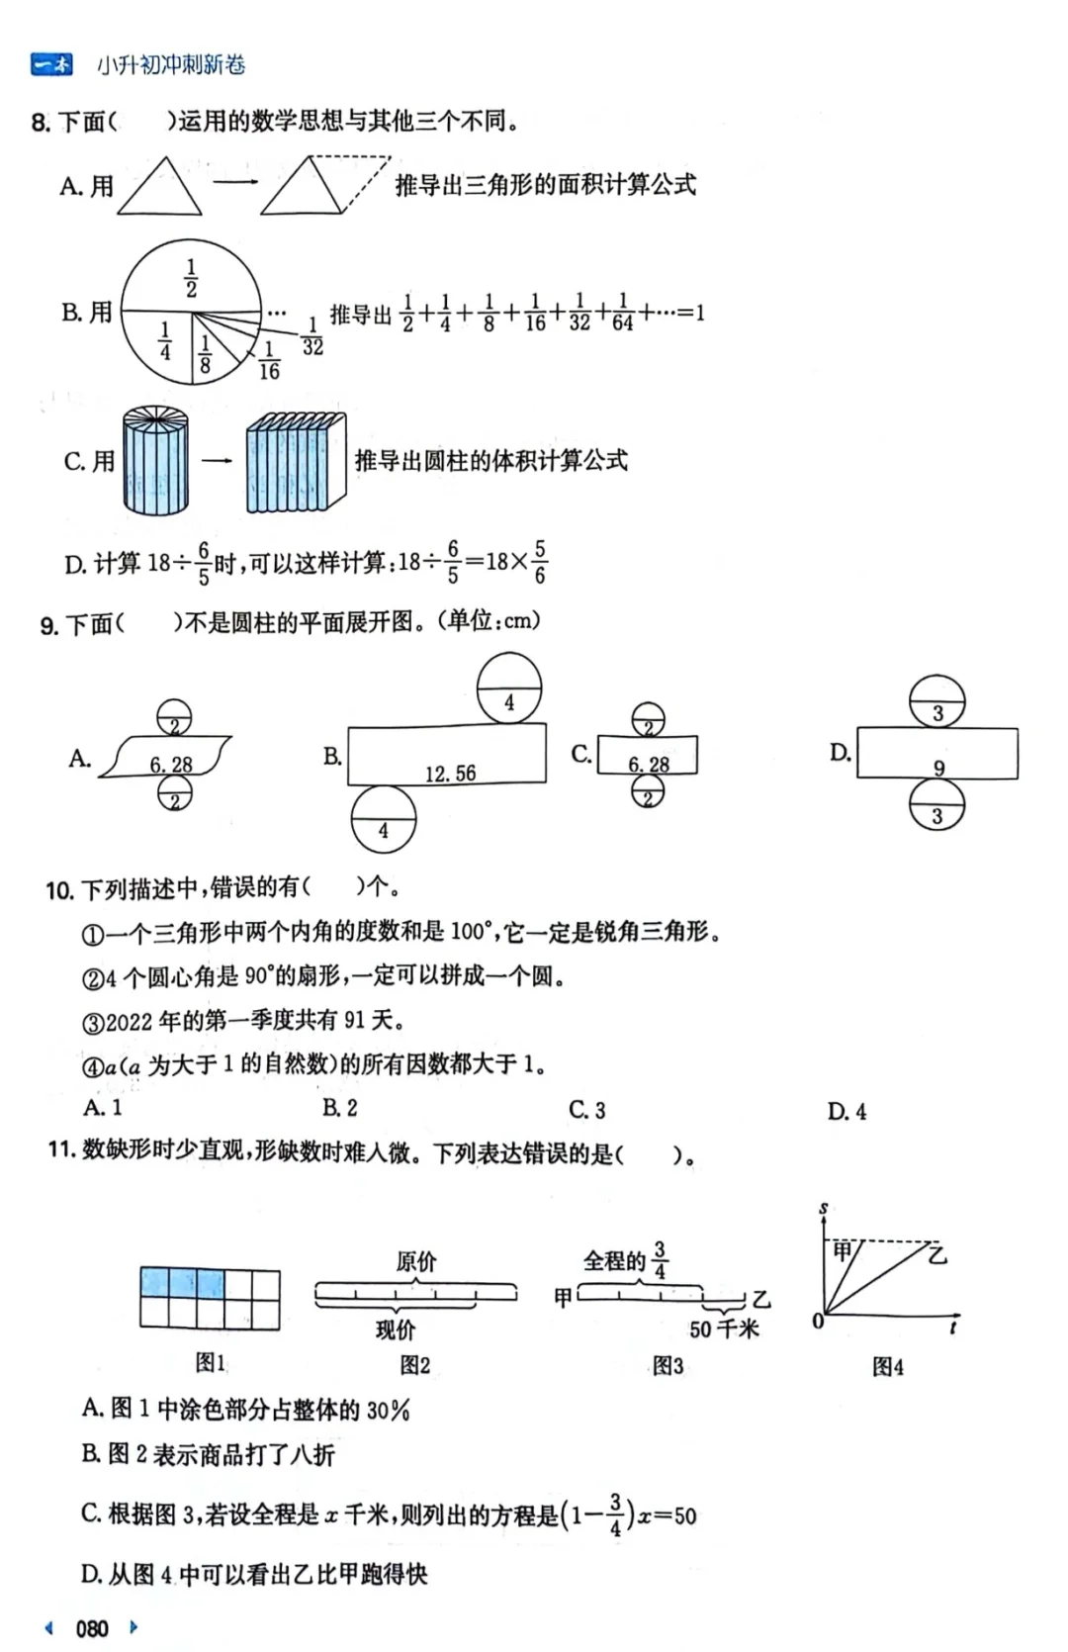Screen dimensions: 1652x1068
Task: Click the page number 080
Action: pyautogui.click(x=92, y=1628)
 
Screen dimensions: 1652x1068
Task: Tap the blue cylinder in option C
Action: pyautogui.click(x=155, y=461)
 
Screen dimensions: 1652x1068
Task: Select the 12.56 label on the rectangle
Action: pyautogui.click(x=450, y=774)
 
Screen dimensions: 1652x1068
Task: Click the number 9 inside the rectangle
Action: pyautogui.click(x=938, y=768)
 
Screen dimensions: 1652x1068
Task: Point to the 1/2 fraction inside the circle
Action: pyautogui.click(x=191, y=278)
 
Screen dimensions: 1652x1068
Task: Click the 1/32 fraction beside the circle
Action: pyautogui.click(x=312, y=336)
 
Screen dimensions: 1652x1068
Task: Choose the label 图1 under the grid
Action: pyautogui.click(x=210, y=1362)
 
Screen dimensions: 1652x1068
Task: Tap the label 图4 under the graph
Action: pyautogui.click(x=887, y=1366)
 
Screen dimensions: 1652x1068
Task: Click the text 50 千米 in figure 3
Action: pyautogui.click(x=724, y=1329)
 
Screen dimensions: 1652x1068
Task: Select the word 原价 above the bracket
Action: pyautogui.click(x=415, y=1261)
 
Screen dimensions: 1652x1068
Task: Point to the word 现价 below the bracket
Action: pyautogui.click(x=396, y=1330)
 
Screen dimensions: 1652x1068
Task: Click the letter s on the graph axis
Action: pyautogui.click(x=823, y=1209)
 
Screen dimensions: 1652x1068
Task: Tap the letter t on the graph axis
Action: pyautogui.click(x=952, y=1327)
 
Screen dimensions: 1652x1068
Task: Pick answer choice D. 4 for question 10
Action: pyautogui.click(x=846, y=1111)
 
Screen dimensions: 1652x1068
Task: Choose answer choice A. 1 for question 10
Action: pyautogui.click(x=103, y=1108)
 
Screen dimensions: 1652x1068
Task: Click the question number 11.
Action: pyautogui.click(x=61, y=1149)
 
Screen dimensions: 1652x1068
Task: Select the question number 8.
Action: pyautogui.click(x=41, y=123)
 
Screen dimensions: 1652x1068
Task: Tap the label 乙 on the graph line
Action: pyautogui.click(x=937, y=1254)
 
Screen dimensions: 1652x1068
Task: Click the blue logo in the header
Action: pyautogui.click(x=51, y=65)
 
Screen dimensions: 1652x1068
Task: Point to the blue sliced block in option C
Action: pyautogui.click(x=296, y=462)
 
